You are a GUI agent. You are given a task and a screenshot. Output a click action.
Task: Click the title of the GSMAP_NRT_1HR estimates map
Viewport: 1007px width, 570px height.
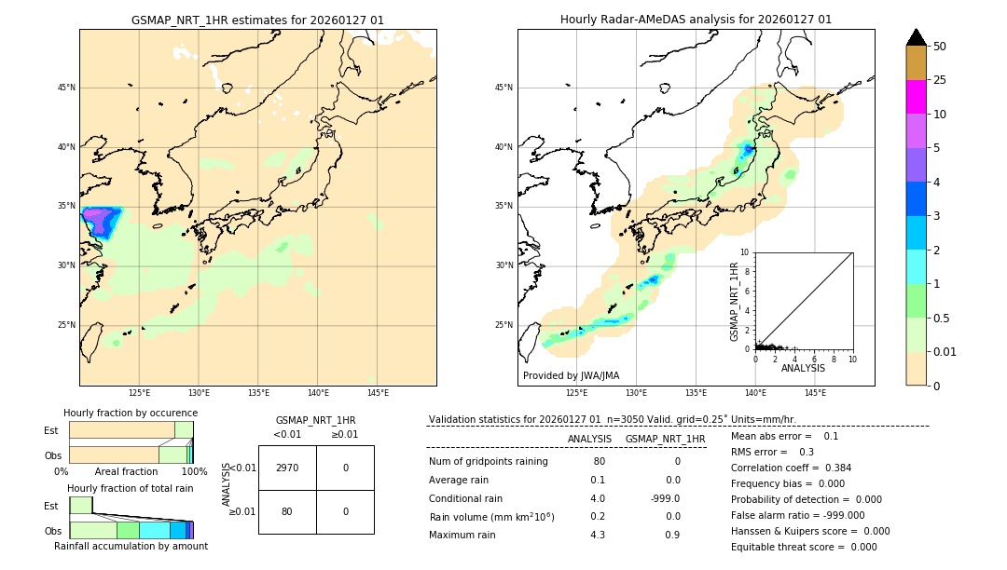click(x=257, y=20)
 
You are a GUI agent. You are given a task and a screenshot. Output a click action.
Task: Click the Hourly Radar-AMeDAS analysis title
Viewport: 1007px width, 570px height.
click(x=696, y=20)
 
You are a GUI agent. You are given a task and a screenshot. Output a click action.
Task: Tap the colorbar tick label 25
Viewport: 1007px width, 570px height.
click(x=940, y=80)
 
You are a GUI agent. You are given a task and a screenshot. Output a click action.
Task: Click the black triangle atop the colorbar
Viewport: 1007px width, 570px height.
click(x=917, y=37)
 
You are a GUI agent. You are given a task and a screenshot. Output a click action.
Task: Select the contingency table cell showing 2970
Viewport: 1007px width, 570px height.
click(x=287, y=468)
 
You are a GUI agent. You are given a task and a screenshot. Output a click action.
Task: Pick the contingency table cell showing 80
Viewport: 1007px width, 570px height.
click(x=287, y=511)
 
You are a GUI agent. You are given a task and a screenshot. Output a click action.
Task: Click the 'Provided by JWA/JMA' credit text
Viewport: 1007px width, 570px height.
click(x=571, y=375)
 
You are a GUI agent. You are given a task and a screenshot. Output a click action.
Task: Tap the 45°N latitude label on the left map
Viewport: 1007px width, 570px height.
click(x=66, y=88)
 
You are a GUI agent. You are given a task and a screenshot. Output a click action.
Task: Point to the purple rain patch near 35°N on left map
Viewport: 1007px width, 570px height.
click(x=97, y=220)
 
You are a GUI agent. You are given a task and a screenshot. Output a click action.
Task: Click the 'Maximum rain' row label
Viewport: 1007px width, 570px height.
click(x=466, y=535)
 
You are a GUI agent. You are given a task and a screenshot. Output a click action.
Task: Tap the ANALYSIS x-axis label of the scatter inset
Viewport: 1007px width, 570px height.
click(x=803, y=368)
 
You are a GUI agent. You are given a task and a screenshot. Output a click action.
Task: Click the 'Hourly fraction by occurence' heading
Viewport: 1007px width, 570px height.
click(x=131, y=413)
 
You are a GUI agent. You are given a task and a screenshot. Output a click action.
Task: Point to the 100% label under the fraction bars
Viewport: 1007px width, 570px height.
click(x=194, y=471)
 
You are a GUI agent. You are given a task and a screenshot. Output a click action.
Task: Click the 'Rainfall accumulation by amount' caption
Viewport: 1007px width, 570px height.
click(x=131, y=546)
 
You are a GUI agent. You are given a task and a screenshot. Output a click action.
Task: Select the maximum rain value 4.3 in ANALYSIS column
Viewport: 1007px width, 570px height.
click(x=598, y=535)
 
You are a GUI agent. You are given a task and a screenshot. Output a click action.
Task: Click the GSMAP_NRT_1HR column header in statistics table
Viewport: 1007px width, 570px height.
click(x=665, y=439)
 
